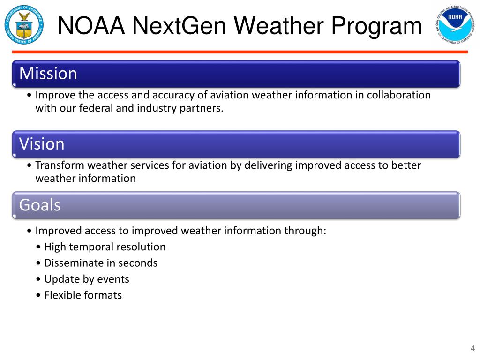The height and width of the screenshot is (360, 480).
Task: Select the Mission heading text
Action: point(48,74)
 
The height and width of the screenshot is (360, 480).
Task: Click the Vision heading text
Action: point(42,144)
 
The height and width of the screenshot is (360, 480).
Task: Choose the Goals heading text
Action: point(40,205)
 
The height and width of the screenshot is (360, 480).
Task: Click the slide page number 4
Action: point(472,348)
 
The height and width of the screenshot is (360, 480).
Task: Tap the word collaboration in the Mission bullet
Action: point(398,95)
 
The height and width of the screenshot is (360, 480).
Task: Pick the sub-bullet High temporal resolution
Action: point(105,247)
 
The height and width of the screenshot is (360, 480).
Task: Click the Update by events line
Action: point(86,279)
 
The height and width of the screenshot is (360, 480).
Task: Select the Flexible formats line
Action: point(82,295)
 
